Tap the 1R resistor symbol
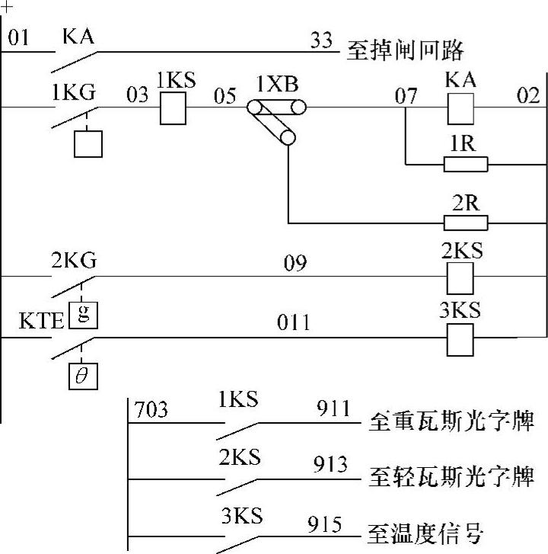click(x=465, y=163)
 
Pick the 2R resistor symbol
click(x=465, y=223)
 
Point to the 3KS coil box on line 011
click(x=460, y=338)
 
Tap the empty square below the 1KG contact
click(x=88, y=143)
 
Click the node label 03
click(x=137, y=95)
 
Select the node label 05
click(x=224, y=95)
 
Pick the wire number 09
click(x=295, y=264)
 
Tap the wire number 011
click(x=292, y=323)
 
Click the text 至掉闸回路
click(x=405, y=52)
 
